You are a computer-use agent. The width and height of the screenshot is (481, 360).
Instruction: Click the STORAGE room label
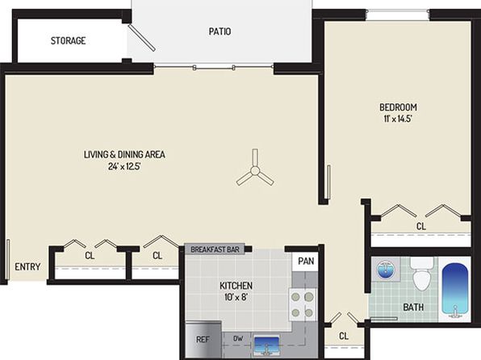click(68, 40)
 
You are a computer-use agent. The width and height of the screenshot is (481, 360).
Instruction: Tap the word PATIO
click(220, 31)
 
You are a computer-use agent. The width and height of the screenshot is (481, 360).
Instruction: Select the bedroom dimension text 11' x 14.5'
click(398, 119)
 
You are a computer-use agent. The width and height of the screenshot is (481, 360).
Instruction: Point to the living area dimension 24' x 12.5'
click(124, 166)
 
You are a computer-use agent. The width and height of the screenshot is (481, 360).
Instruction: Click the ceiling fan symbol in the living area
click(255, 170)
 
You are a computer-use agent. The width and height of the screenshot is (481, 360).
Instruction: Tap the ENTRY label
click(27, 266)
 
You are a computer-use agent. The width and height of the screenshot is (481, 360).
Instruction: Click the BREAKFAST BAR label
click(215, 249)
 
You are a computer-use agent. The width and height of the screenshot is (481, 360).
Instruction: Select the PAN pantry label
click(306, 262)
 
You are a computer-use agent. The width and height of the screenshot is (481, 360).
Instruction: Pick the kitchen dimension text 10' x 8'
click(236, 297)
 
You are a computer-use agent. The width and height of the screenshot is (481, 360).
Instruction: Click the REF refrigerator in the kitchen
click(203, 340)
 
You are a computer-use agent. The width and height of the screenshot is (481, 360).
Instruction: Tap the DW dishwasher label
click(238, 338)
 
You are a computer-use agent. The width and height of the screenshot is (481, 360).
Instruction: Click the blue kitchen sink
click(266, 345)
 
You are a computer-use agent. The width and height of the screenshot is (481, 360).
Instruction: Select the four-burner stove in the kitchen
click(302, 305)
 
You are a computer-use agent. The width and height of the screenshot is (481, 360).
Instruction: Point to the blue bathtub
click(455, 290)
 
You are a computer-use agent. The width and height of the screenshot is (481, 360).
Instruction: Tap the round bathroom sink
click(386, 270)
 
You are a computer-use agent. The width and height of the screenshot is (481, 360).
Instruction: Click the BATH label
click(413, 307)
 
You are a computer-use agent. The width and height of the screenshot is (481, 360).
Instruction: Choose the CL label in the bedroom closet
click(421, 227)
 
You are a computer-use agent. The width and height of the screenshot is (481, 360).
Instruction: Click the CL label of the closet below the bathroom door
click(344, 336)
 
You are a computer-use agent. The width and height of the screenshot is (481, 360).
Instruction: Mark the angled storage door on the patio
click(142, 38)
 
